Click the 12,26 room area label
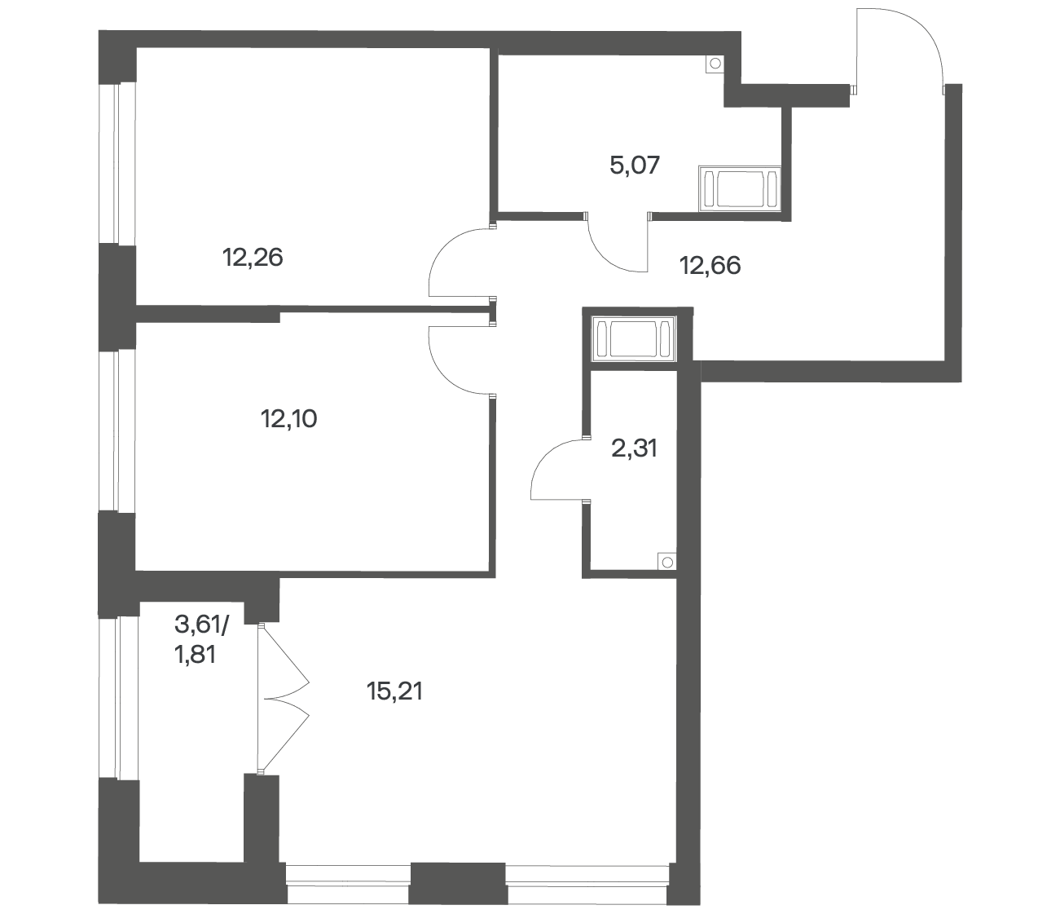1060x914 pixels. tap(253, 257)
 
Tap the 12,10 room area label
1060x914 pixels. tap(289, 419)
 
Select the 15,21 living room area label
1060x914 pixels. tap(395, 691)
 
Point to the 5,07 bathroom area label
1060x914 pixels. tap(635, 166)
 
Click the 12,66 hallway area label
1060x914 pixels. tap(710, 265)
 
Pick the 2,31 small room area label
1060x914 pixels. tap(635, 448)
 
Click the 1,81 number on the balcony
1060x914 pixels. tap(195, 655)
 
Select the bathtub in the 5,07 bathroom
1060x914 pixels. tap(740, 188)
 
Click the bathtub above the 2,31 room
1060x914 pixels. tap(633, 339)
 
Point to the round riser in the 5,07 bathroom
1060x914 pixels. tap(715, 64)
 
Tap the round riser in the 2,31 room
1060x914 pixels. tap(667, 563)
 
